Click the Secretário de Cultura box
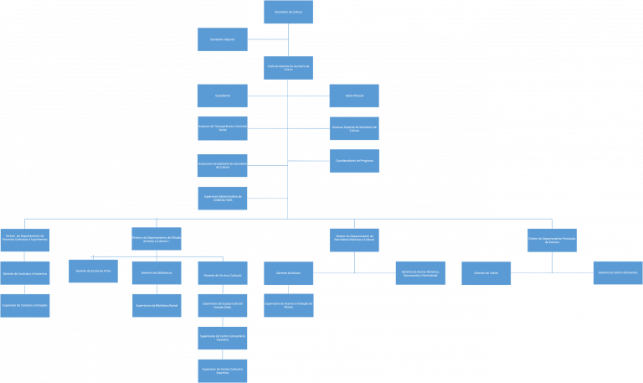point(288,12)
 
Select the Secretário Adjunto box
point(223,39)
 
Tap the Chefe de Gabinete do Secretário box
point(288,68)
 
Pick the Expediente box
point(223,96)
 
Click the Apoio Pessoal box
point(354,96)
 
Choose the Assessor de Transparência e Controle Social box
point(223,128)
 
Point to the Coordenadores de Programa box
point(354,160)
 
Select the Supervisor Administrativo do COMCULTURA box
point(223,198)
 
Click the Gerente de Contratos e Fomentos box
point(25,272)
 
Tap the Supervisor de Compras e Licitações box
point(25,305)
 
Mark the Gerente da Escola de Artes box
point(93,272)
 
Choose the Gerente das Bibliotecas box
point(157,273)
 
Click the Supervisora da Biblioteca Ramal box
point(157,305)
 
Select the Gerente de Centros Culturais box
point(223,273)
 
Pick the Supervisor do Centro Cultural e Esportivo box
point(223,370)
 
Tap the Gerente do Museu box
point(288,273)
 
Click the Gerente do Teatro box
point(486,273)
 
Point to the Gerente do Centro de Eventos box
point(618,273)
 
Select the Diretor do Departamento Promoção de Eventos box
point(552,241)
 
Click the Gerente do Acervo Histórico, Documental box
point(420,273)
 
